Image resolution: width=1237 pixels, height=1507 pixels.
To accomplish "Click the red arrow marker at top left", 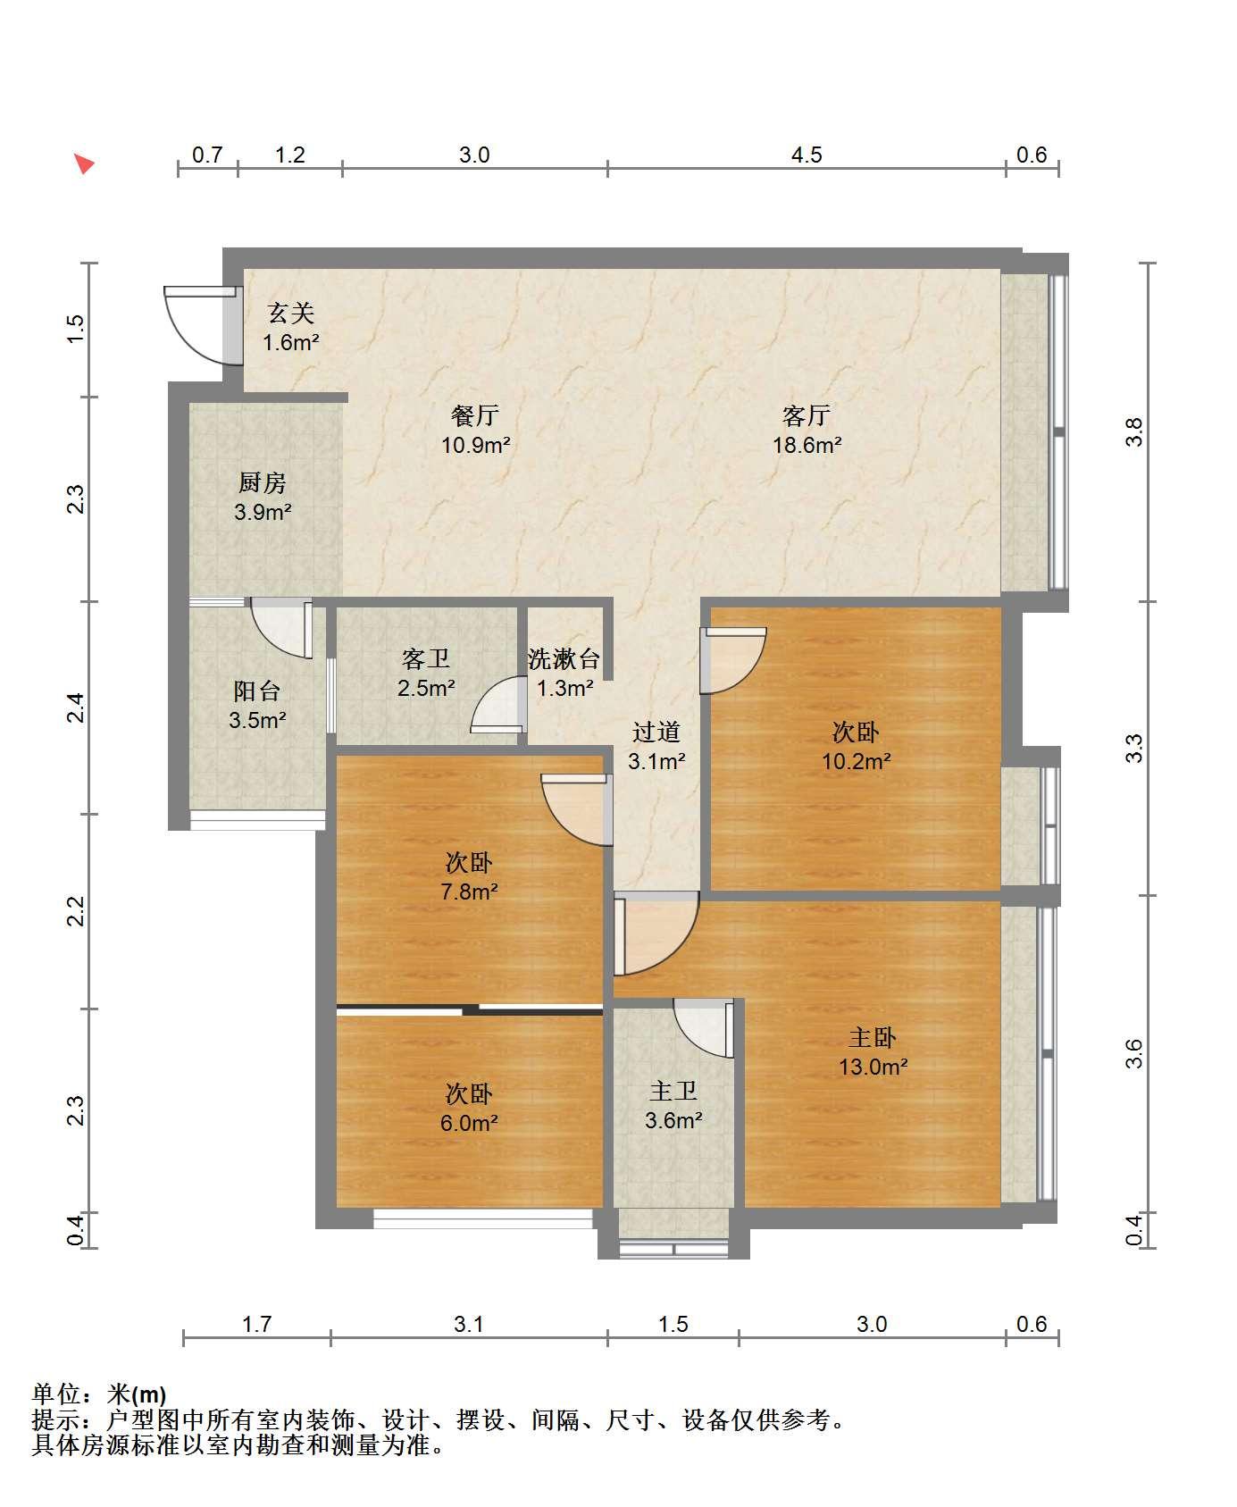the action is coord(84,163).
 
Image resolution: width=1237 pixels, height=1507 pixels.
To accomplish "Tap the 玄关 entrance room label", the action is coord(291,314).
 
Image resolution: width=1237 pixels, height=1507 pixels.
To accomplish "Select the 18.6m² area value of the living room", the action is coord(807,445).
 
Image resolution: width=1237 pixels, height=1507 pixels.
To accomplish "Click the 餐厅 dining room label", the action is coord(474,415).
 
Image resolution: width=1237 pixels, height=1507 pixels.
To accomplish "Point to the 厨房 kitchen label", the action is coord(262,483).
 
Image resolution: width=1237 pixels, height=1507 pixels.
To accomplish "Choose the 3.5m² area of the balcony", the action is coord(257,720).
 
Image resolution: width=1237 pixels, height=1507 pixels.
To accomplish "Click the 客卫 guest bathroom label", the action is coord(426,659).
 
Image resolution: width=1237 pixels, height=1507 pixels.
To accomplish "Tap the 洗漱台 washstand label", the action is coord(564,659).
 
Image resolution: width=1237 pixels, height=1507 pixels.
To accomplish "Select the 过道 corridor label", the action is coord(656,733).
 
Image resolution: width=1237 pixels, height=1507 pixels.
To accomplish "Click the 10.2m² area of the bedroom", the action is coord(857,762).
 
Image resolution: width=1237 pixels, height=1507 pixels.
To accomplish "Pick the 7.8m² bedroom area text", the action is coord(469,892).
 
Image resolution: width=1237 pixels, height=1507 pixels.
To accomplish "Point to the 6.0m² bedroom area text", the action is coord(469,1123).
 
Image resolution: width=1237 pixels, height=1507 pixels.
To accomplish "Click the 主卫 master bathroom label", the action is coord(673,1091).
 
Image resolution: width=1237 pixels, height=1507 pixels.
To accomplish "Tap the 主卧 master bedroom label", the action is coord(873,1037).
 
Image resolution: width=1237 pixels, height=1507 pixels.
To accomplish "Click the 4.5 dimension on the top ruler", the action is coord(807,155).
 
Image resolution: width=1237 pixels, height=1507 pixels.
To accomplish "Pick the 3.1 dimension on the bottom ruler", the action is coord(469,1324).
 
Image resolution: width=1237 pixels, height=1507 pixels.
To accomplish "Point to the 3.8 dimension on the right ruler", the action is coord(1134,432).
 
